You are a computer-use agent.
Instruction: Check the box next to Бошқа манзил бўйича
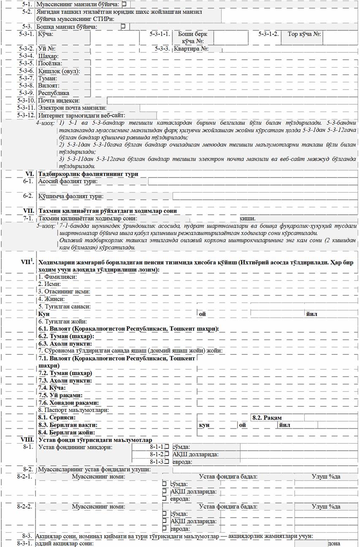point(123,26)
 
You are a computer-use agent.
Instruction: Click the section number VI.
point(30,174)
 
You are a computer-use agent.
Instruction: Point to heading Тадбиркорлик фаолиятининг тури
point(88,174)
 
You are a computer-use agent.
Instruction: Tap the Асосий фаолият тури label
point(68,181)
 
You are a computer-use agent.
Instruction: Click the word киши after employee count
point(247,218)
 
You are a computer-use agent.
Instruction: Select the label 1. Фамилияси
point(58,277)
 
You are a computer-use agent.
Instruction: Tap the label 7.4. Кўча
point(52,387)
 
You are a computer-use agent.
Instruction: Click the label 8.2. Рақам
point(267,417)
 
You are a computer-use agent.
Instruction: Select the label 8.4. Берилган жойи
point(66,433)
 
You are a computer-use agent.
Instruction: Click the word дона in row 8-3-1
point(334,543)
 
